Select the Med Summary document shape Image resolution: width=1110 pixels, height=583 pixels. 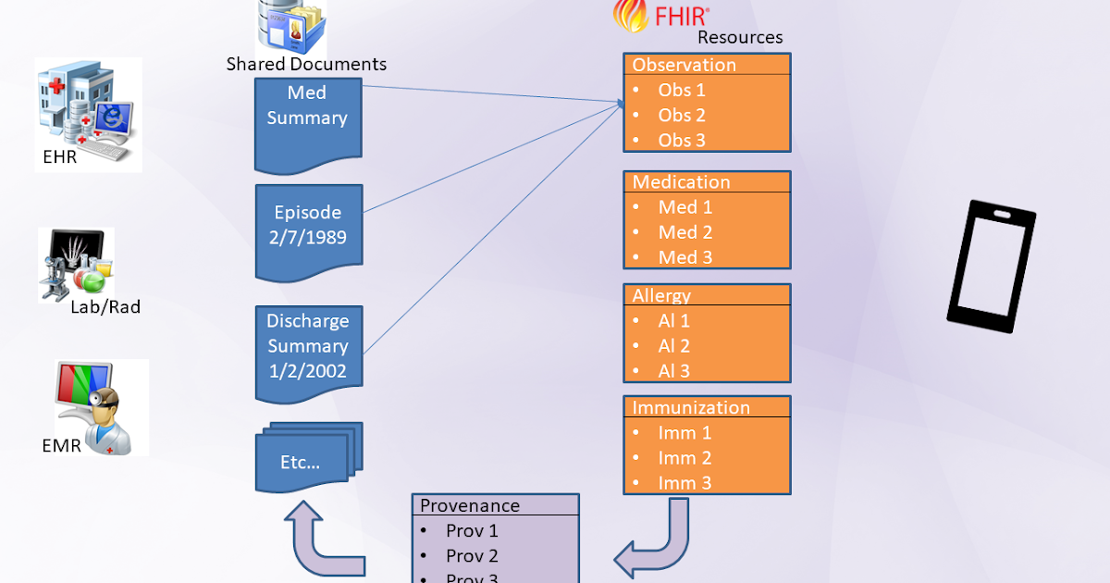[x=307, y=120]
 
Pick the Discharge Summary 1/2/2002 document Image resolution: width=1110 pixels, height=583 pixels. [x=308, y=347]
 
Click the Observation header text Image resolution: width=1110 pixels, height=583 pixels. [x=684, y=65]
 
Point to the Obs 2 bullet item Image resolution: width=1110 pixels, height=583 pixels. [x=681, y=116]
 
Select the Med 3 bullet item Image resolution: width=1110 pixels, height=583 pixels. [x=684, y=257]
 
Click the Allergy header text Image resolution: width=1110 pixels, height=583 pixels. [x=661, y=296]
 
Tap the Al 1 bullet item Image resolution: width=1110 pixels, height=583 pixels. [x=673, y=321]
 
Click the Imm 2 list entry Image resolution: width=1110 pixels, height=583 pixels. [x=684, y=458]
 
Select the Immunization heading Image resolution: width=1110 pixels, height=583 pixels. [x=691, y=407]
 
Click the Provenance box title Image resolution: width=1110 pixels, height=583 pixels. [x=470, y=505]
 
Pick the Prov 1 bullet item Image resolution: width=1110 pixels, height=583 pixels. [x=472, y=531]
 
